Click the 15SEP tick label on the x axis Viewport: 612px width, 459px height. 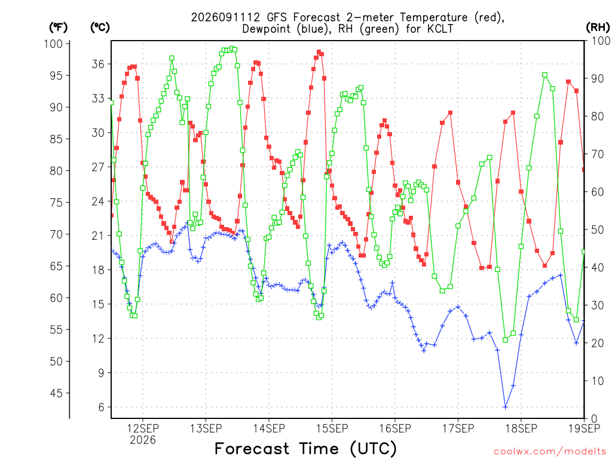(332, 429)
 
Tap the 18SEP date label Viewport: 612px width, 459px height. (521, 429)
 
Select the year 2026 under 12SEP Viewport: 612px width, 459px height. (143, 440)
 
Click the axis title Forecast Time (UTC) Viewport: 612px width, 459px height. (305, 449)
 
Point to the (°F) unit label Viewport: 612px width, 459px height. (59, 27)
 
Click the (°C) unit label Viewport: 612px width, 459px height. (100, 27)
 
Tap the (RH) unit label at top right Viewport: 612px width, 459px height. (598, 27)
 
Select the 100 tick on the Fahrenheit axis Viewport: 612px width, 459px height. (53, 44)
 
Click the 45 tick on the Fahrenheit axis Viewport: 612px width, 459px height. (56, 393)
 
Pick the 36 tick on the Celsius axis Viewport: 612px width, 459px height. (98, 64)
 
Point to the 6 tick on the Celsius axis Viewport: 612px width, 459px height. (102, 407)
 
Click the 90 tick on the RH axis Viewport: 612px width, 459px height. (598, 78)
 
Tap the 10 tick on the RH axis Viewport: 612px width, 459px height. (598, 381)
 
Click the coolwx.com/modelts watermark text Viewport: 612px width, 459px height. (550, 452)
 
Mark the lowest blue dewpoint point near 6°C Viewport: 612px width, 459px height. (506, 407)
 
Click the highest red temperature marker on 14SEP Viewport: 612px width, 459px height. (319, 52)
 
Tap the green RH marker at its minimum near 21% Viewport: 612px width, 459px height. (506, 340)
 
